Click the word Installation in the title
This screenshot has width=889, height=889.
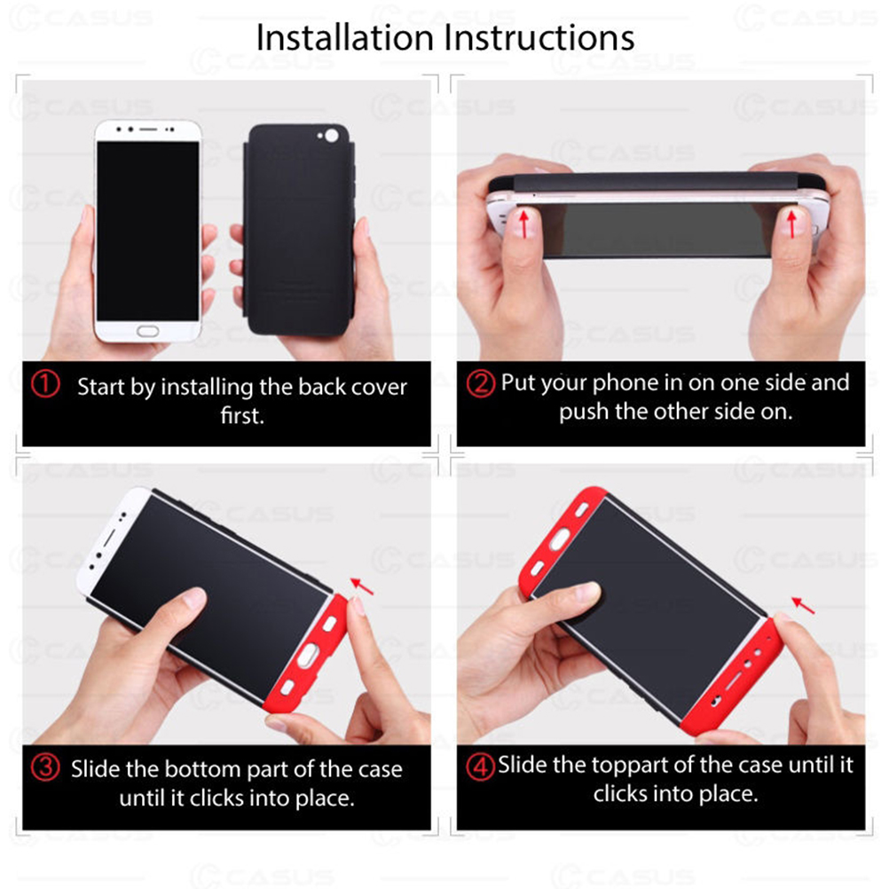pyautogui.click(x=345, y=38)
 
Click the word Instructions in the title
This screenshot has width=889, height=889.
pyautogui.click(x=539, y=38)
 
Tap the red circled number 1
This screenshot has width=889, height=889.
pyautogui.click(x=45, y=384)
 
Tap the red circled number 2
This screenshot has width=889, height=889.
pyautogui.click(x=480, y=384)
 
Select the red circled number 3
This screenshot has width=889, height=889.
pyautogui.click(x=45, y=767)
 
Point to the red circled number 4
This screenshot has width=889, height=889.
pyautogui.click(x=480, y=767)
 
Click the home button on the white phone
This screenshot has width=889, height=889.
pyautogui.click(x=147, y=331)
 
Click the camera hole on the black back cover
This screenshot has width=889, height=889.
pyautogui.click(x=332, y=136)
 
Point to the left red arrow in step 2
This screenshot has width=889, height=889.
pyautogui.click(x=524, y=224)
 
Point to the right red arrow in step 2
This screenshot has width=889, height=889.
pyautogui.click(x=792, y=224)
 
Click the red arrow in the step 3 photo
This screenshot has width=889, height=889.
pyautogui.click(x=362, y=586)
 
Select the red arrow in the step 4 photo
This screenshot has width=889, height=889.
pyautogui.click(x=803, y=605)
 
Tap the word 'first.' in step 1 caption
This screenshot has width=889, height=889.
pyautogui.click(x=242, y=415)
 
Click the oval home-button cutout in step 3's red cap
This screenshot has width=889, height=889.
pyautogui.click(x=307, y=654)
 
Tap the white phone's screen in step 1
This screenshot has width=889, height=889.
pyautogui.click(x=147, y=232)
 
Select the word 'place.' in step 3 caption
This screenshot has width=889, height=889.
pyautogui.click(x=325, y=799)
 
